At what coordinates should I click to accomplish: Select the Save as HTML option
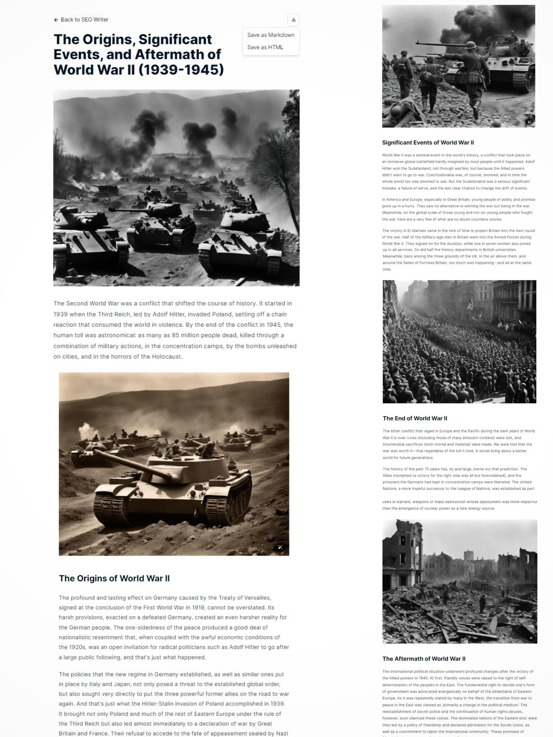click(x=265, y=47)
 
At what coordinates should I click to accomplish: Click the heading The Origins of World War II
click(x=114, y=578)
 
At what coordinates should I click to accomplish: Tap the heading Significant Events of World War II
click(x=428, y=143)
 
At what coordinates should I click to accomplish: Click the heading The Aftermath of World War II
click(x=424, y=659)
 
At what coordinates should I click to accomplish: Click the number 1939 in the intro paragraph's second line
click(x=60, y=314)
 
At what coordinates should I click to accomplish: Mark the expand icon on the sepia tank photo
click(x=280, y=547)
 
